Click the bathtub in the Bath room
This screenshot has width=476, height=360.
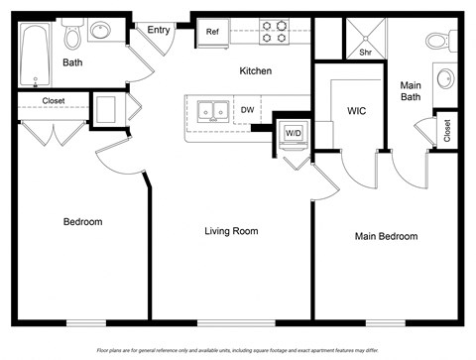(x=37, y=55)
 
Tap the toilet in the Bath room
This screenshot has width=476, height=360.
(x=70, y=37)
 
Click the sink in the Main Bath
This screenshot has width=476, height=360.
(x=445, y=78)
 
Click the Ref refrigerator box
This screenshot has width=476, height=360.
(x=212, y=32)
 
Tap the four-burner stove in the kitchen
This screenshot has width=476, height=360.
(x=274, y=31)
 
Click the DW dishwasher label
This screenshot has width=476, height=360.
(x=247, y=110)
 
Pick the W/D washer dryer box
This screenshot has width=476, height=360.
(x=294, y=133)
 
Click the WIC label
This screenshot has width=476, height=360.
(x=357, y=111)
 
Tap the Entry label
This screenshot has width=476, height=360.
(x=158, y=31)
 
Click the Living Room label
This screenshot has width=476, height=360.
(x=231, y=231)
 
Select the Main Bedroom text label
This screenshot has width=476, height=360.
(x=386, y=236)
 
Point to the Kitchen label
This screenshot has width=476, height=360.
(x=255, y=71)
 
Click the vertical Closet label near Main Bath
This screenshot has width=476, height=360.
(x=447, y=131)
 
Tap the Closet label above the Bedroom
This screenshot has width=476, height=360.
(x=54, y=101)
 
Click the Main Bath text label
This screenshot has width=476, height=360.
(x=411, y=91)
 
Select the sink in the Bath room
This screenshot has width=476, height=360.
(x=100, y=32)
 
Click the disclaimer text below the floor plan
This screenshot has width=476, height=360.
(x=238, y=350)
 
